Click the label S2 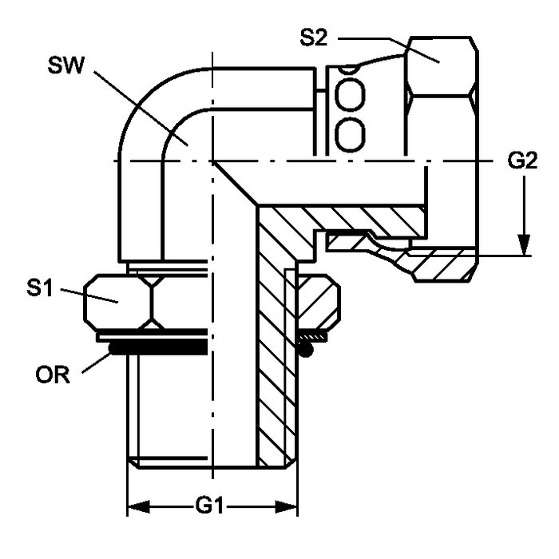[313, 38]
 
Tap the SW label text [66, 65]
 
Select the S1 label [40, 288]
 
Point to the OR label [53, 375]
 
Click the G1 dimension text [209, 505]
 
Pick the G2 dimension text [522, 161]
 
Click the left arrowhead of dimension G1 [139, 506]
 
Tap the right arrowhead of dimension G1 [286, 506]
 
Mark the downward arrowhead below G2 [524, 245]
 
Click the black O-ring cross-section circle [306, 350]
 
